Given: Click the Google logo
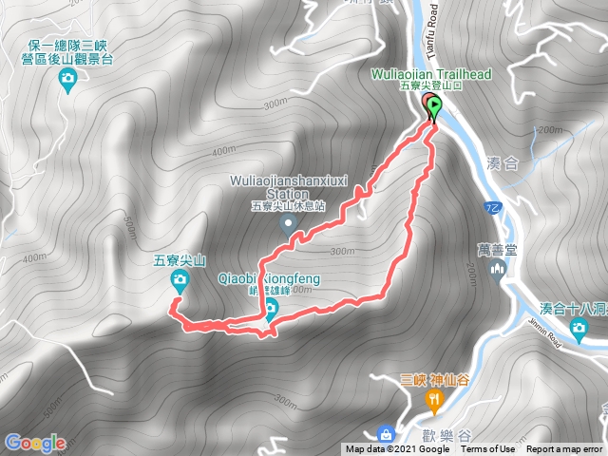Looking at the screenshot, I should point(35,443).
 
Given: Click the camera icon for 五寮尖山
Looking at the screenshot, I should point(180,278).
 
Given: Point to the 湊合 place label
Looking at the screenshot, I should point(503,163).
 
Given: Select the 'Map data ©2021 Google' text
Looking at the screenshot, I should point(397,449).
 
